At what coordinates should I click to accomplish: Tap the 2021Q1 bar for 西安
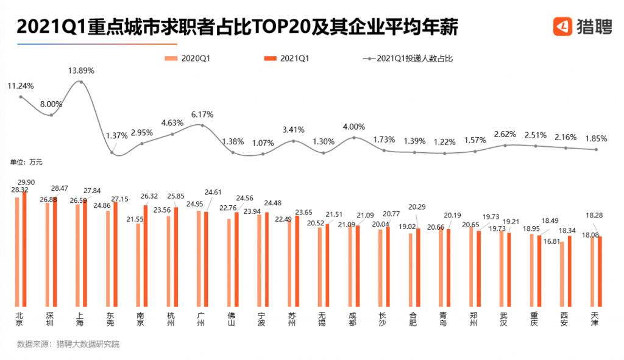[x=569, y=271]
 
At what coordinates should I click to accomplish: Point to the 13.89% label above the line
[x=81, y=71]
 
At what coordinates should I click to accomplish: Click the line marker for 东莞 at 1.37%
[x=112, y=152]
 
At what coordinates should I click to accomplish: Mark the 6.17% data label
[x=202, y=114]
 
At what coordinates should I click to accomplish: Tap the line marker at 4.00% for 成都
[x=353, y=138]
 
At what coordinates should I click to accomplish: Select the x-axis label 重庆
[x=534, y=319]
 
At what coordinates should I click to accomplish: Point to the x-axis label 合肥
[x=413, y=319]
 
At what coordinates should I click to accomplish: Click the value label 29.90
[x=26, y=182]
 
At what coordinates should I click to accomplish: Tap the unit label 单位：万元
[x=26, y=163]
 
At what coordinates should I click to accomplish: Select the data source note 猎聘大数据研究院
[x=88, y=344]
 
